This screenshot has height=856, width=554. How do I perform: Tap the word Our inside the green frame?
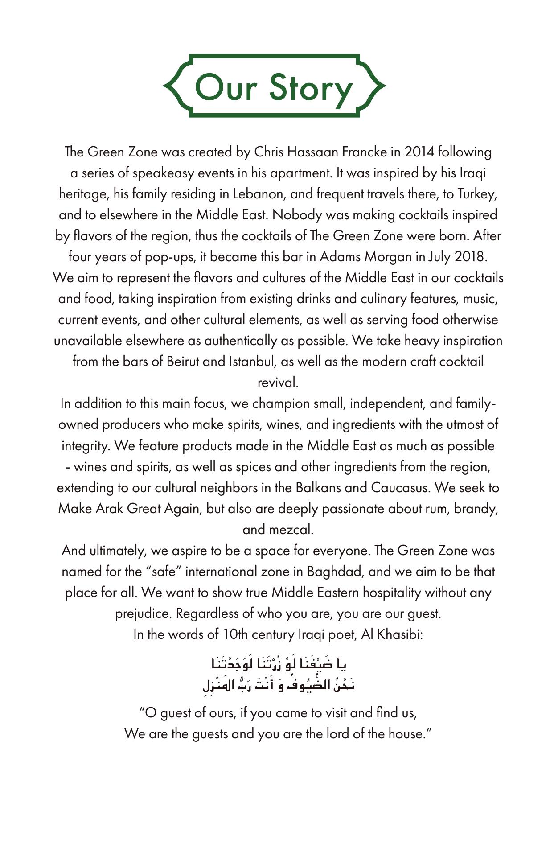click(226, 87)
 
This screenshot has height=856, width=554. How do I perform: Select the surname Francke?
click(365, 152)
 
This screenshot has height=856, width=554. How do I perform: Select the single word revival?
click(278, 383)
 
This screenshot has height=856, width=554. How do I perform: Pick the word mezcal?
click(293, 529)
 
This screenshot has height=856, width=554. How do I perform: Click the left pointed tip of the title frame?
click(164, 85)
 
